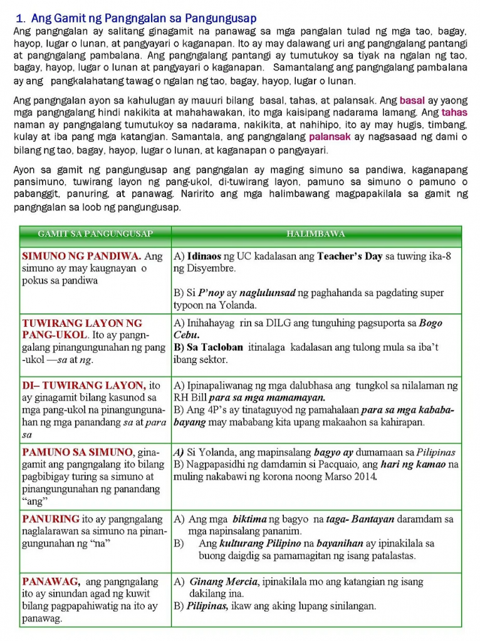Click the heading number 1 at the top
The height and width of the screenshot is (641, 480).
pos(19,19)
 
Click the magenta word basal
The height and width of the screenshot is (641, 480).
pos(412,101)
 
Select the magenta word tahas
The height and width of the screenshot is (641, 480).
pos(454,113)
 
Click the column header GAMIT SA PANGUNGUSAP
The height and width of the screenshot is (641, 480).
pos(95,234)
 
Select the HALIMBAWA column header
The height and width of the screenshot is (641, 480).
pos(316,234)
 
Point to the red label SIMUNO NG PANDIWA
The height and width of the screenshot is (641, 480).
pos(82,256)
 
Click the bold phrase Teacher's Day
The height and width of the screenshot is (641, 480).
pos(349,256)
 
